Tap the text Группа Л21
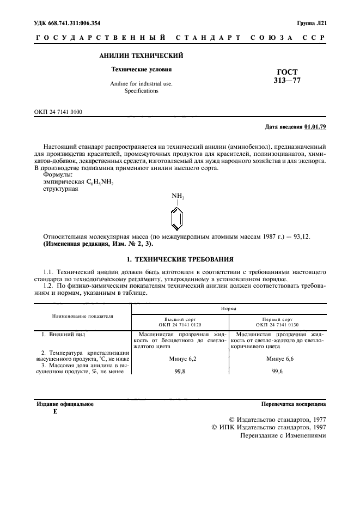[x=311, y=23]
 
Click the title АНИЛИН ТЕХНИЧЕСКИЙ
[x=141, y=56]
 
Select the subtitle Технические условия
[x=141, y=70]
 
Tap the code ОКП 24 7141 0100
[x=58, y=112]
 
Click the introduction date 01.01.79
[x=315, y=127]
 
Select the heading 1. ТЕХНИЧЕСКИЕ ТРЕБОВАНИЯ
[x=180, y=259]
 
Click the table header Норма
[x=228, y=308]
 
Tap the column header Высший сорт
[x=180, y=319]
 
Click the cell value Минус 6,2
[x=180, y=359]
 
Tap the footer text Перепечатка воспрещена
[x=294, y=404]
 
